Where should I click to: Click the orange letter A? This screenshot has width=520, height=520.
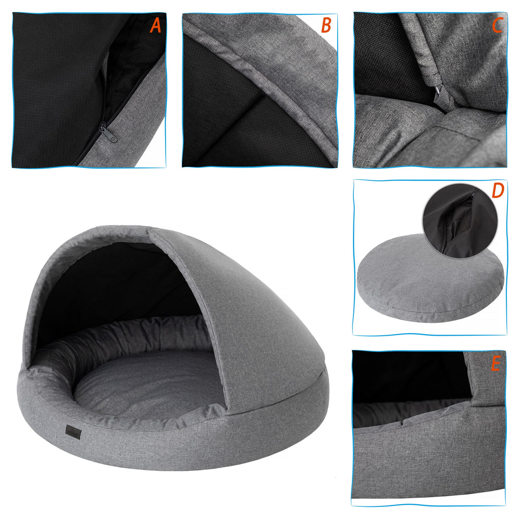click(155, 26)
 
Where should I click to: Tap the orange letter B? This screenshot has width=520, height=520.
click(327, 25)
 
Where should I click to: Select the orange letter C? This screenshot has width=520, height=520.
click(497, 25)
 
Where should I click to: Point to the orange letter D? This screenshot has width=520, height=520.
click(498, 190)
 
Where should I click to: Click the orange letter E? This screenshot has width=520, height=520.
click(496, 364)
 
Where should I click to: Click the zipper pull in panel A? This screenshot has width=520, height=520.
click(108, 134)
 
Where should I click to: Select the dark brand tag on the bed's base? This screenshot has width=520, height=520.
click(73, 432)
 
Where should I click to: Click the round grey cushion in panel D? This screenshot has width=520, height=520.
click(428, 282)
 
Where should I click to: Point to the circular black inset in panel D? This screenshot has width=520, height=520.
click(460, 220)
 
